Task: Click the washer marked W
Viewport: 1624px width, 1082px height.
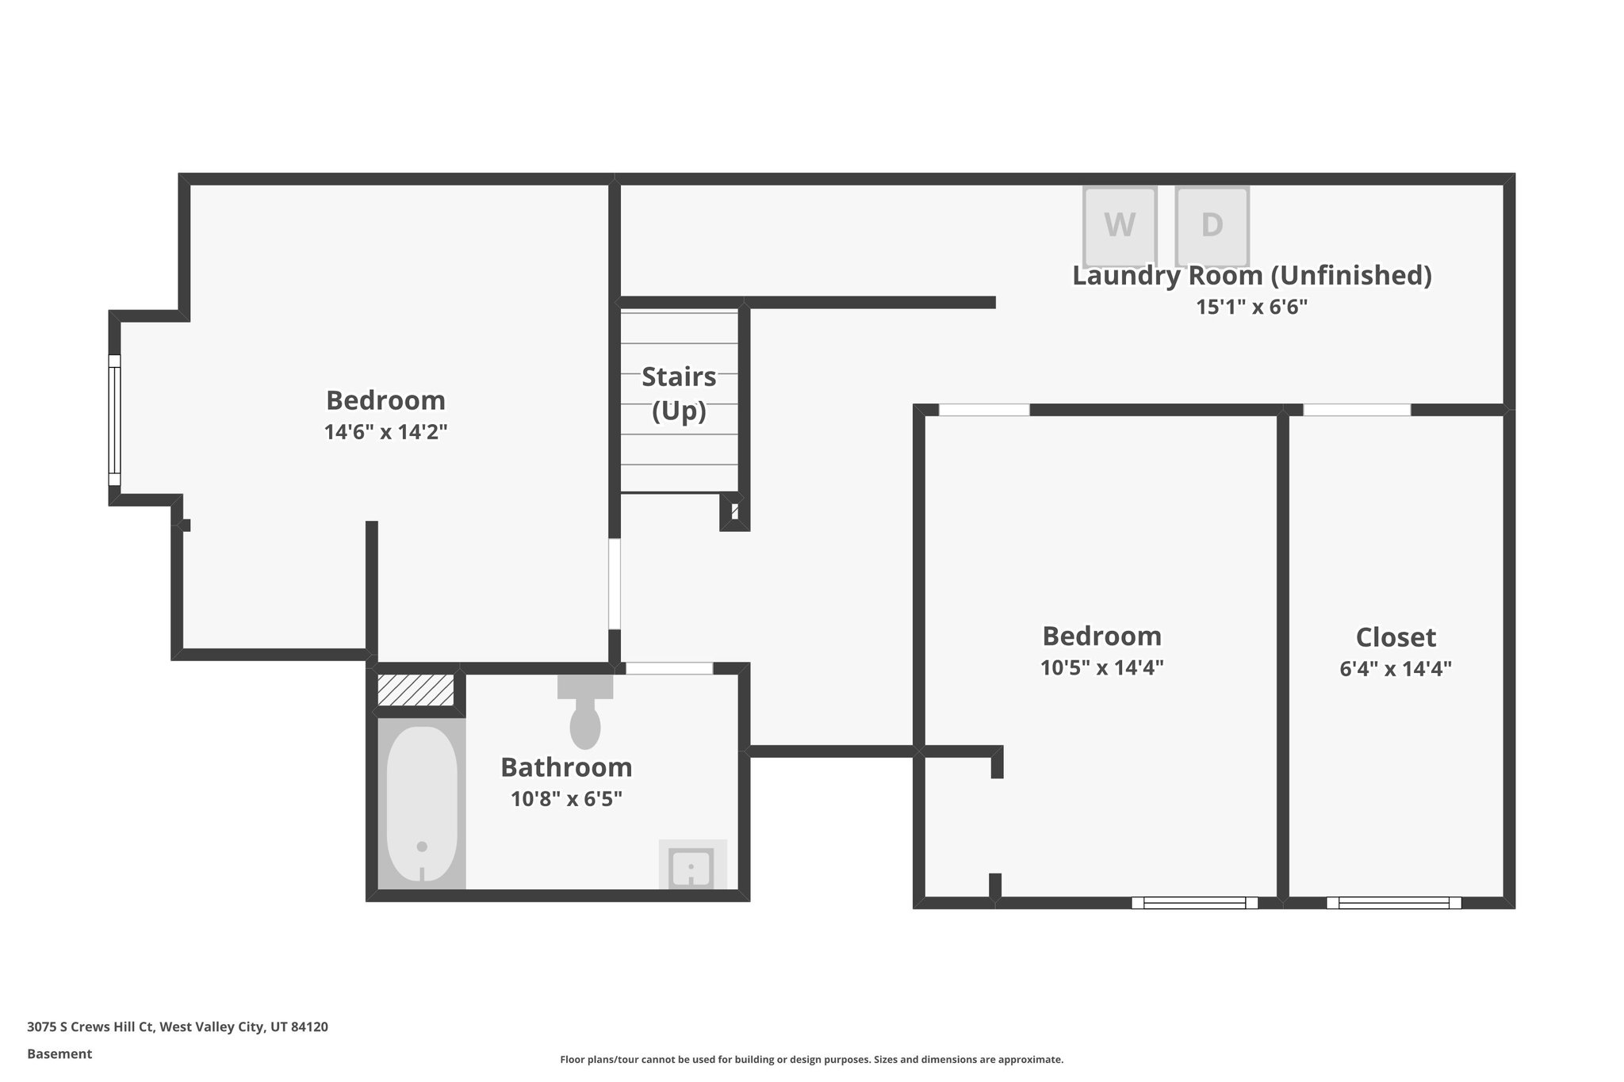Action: pyautogui.click(x=1119, y=226)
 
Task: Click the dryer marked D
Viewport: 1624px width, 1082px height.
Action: pyautogui.click(x=1211, y=226)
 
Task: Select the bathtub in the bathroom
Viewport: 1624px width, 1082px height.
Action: pyautogui.click(x=421, y=804)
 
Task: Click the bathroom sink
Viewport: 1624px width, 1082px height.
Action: pyautogui.click(x=691, y=866)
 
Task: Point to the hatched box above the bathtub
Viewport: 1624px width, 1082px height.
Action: pyautogui.click(x=416, y=690)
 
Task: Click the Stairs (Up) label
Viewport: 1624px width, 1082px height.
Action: pyautogui.click(x=679, y=393)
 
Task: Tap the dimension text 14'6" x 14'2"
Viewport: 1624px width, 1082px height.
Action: pyautogui.click(x=385, y=432)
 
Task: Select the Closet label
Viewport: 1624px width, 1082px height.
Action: pyautogui.click(x=1395, y=637)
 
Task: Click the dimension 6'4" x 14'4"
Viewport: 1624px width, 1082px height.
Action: pyautogui.click(x=1395, y=669)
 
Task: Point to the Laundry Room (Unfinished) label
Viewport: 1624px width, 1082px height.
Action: pyautogui.click(x=1251, y=276)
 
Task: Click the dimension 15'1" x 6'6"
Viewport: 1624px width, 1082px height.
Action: pyautogui.click(x=1251, y=307)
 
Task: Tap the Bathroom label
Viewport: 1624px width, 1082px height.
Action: pyautogui.click(x=566, y=767)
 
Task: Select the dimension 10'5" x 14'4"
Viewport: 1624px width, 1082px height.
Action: pyautogui.click(x=1101, y=668)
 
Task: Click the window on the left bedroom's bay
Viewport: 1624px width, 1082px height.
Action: pyautogui.click(x=114, y=420)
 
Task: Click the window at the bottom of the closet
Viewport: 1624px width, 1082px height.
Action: pyautogui.click(x=1393, y=902)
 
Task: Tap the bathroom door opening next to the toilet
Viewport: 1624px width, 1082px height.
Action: pyautogui.click(x=668, y=668)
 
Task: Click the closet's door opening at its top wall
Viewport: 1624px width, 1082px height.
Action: pyautogui.click(x=1357, y=410)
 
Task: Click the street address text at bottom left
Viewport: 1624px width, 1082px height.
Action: pyautogui.click(x=178, y=1027)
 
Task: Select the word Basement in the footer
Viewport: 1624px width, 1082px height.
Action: pyautogui.click(x=59, y=1053)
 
